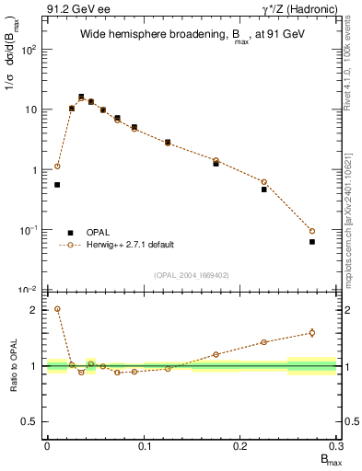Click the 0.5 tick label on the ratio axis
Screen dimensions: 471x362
[31, 421]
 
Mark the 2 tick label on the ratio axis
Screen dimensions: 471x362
[35, 310]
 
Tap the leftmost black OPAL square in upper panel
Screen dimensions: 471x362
[57, 185]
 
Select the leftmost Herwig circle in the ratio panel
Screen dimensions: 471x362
[57, 309]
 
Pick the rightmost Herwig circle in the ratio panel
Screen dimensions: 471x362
[312, 333]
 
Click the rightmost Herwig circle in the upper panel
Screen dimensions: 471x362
[312, 231]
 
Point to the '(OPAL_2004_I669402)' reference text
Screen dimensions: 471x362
[191, 275]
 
